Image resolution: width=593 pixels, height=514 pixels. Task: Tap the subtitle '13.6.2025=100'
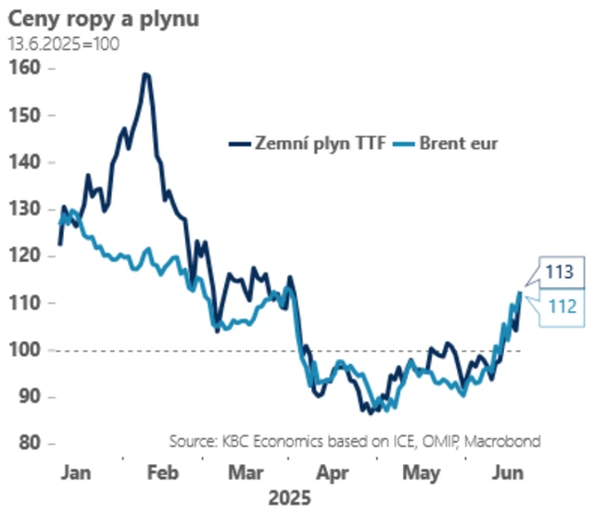(x=64, y=43)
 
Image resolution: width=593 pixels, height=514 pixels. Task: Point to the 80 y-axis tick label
(x=25, y=444)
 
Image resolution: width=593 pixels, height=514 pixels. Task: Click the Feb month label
(x=162, y=473)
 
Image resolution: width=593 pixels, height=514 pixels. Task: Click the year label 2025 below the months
(x=289, y=497)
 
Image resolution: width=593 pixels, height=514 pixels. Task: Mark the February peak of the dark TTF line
(x=145, y=74)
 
